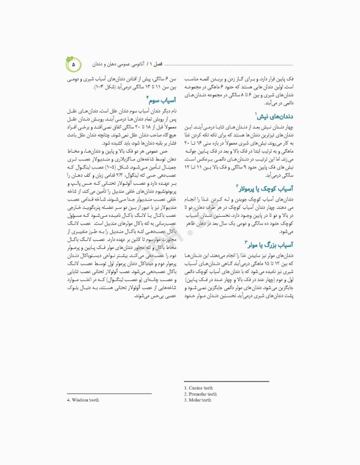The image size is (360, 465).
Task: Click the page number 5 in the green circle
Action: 74,64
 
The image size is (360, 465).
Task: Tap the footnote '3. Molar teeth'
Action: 198,400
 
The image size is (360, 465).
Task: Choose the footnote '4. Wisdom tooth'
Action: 83,400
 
